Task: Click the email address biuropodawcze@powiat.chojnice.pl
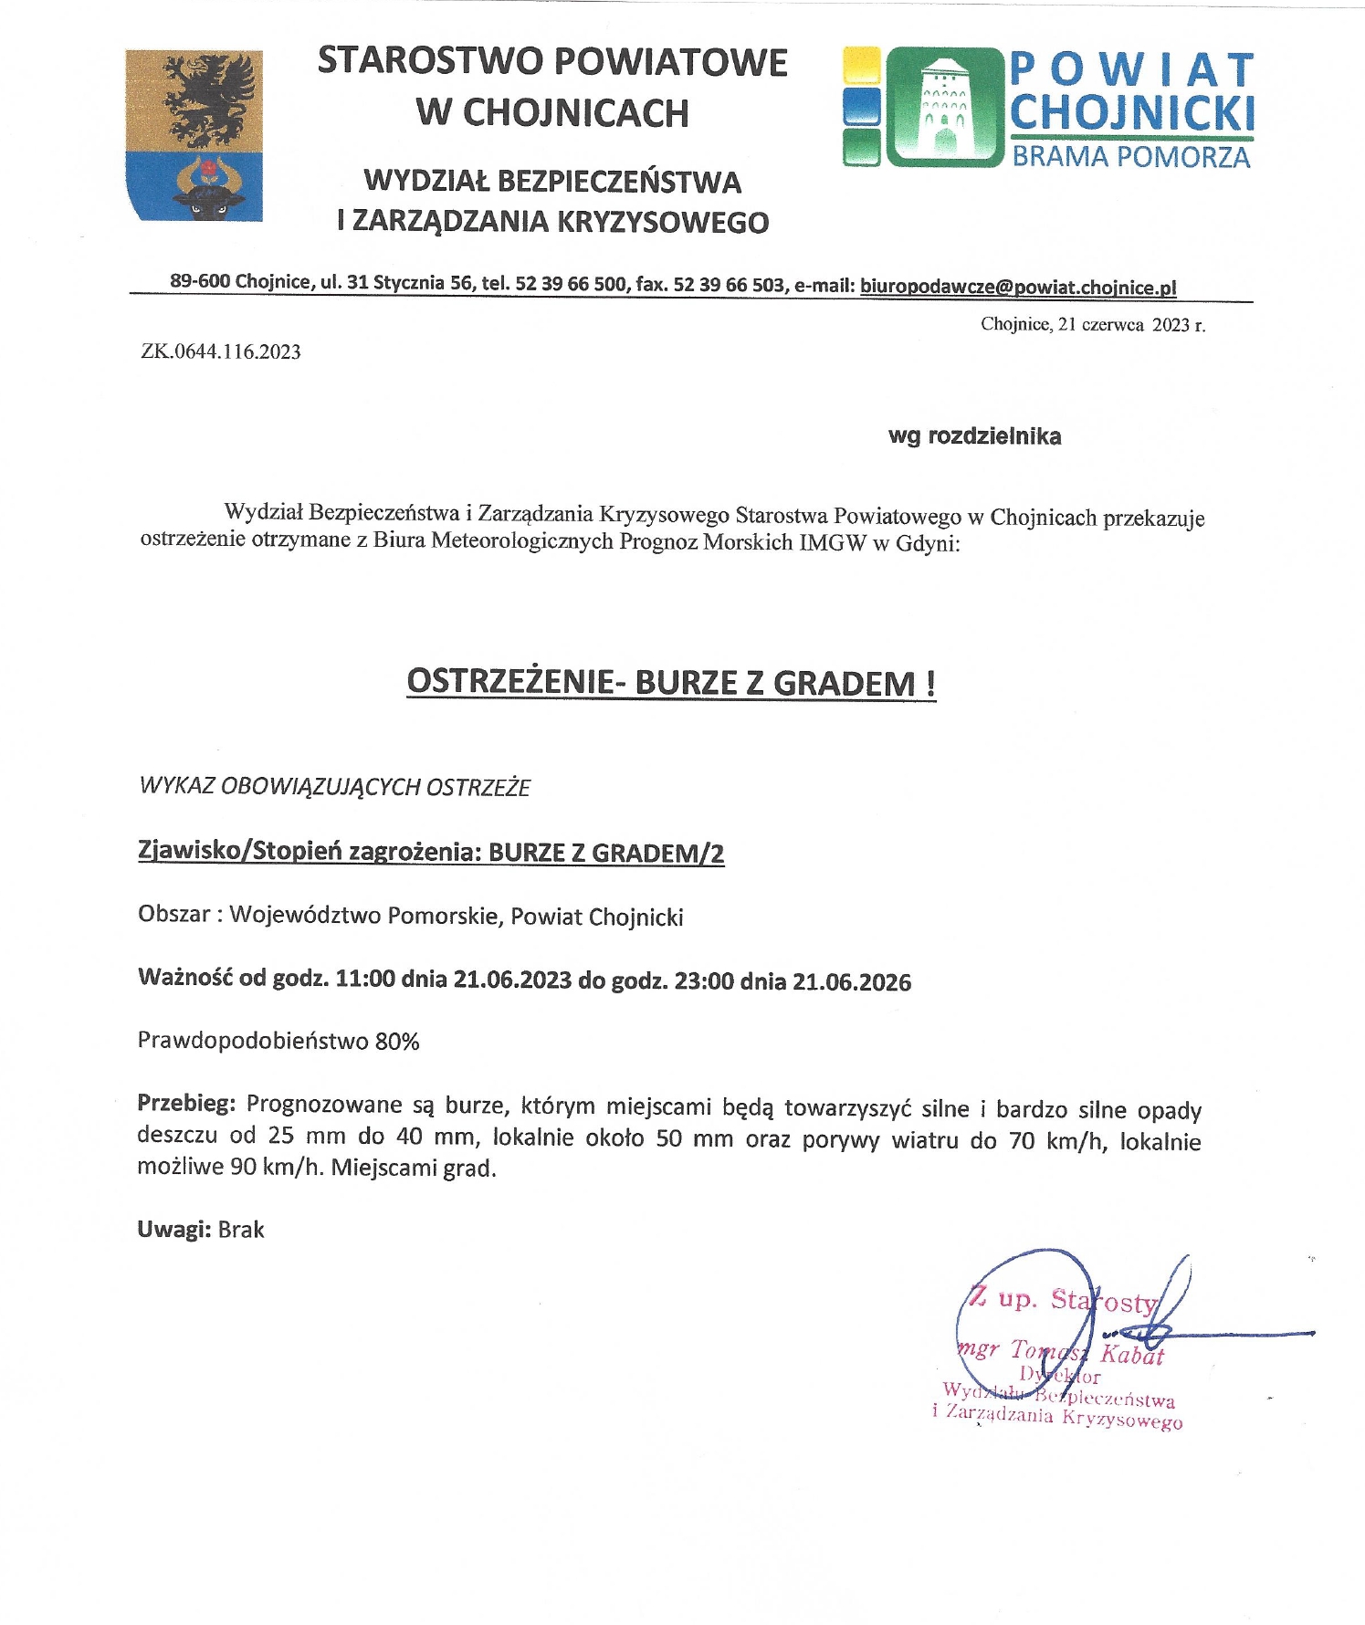tap(1018, 287)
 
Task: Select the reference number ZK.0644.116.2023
tap(221, 352)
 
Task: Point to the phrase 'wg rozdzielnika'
tap(974, 436)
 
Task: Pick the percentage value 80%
tap(397, 1042)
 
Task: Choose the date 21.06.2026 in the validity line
tap(852, 982)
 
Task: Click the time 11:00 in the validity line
tap(365, 980)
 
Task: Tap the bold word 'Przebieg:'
tap(186, 1104)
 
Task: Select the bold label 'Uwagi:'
tap(174, 1230)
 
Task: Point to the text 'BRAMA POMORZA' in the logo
tap(1130, 157)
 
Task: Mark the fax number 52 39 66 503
tap(729, 284)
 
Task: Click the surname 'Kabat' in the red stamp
tap(1132, 1355)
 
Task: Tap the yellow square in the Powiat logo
tap(861, 66)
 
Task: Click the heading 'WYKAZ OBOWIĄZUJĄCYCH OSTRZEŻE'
tap(334, 787)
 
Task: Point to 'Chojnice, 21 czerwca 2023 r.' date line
tap(1093, 324)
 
